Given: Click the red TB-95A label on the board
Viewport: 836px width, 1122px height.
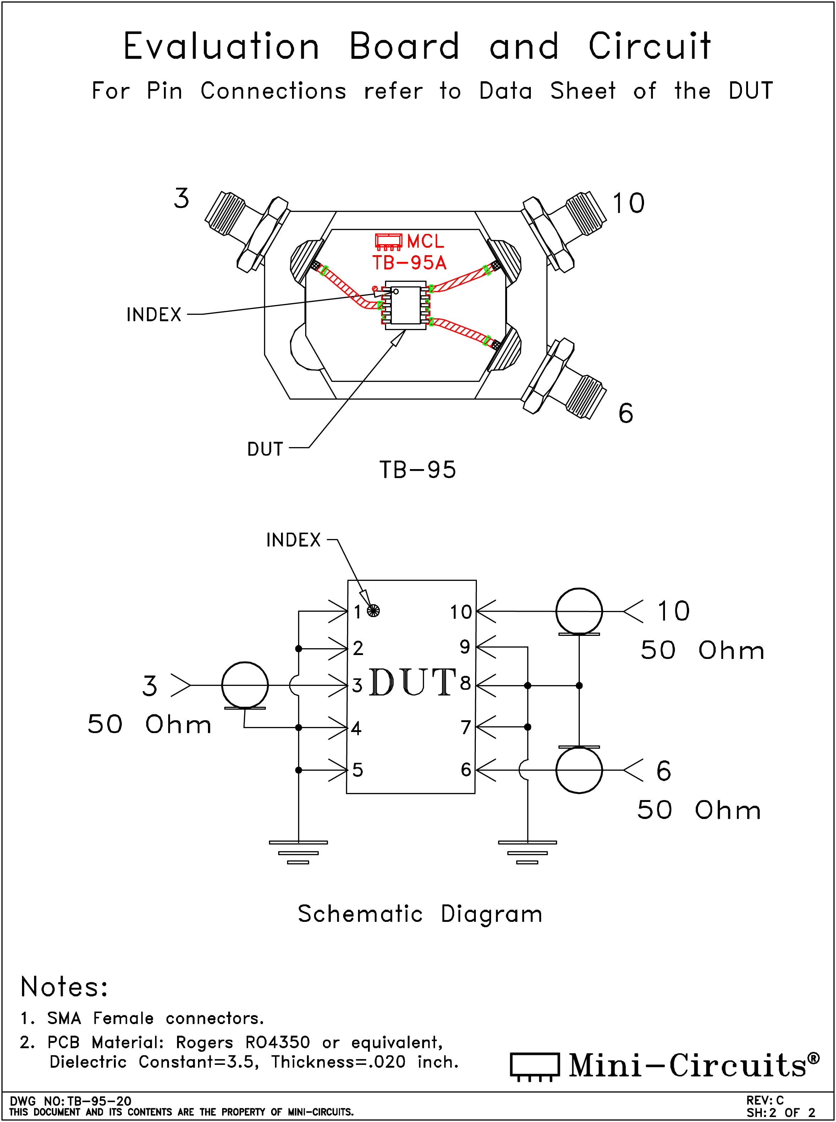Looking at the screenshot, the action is tap(409, 263).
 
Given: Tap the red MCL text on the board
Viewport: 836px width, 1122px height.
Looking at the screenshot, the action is tap(425, 241).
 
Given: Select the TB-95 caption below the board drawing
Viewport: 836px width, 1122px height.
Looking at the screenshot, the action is tap(418, 470).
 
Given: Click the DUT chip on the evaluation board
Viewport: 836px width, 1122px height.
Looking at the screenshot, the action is tap(405, 305).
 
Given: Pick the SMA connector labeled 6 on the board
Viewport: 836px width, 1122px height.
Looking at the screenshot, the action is tap(564, 379).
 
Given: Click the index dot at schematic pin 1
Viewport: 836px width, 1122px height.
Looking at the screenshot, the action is tap(373, 611).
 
